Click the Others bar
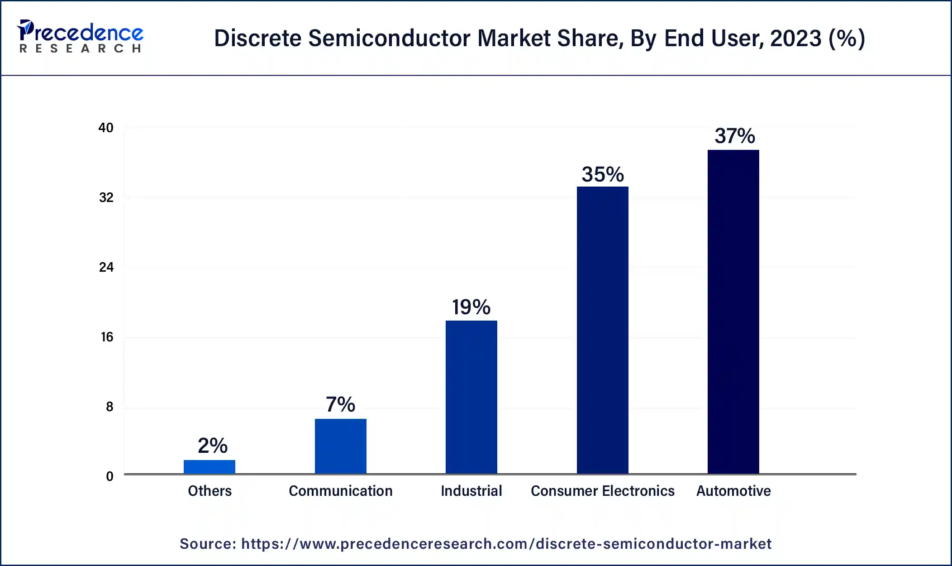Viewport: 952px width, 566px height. [x=209, y=467]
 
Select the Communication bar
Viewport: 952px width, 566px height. [x=340, y=446]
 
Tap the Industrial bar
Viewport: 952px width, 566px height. [x=471, y=397]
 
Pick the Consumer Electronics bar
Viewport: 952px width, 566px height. [x=602, y=330]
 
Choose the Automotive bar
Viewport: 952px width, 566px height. [x=733, y=312]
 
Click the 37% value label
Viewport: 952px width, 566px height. [x=734, y=136]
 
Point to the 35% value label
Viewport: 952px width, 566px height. [x=602, y=174]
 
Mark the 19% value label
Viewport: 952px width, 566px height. [x=471, y=307]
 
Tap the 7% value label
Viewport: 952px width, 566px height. [x=340, y=404]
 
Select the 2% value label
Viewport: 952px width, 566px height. [x=212, y=446]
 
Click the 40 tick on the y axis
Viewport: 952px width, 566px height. [x=106, y=128]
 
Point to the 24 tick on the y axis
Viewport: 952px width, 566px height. [x=106, y=267]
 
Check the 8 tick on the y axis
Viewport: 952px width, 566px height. [x=109, y=407]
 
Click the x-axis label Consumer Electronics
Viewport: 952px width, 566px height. [x=602, y=491]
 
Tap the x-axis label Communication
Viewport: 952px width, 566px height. [x=340, y=491]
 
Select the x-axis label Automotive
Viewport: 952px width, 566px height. [x=733, y=491]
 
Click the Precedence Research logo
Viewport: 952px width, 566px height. [x=80, y=36]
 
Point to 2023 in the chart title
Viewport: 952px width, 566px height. [x=795, y=38]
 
